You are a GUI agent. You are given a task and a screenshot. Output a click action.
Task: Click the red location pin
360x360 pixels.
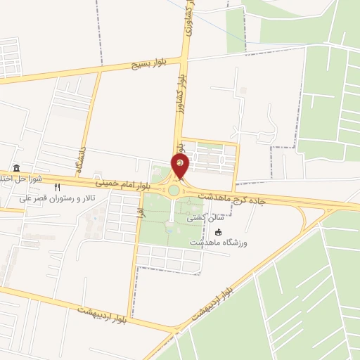click(181, 167)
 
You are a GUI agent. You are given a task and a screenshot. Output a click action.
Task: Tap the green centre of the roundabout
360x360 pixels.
click(174, 190)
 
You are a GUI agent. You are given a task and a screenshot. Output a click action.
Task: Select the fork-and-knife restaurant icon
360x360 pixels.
click(58, 187)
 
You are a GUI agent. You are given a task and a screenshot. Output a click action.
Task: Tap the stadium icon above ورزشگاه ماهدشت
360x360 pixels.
click(217, 233)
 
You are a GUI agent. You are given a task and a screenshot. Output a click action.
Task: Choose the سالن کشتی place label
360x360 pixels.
click(200, 219)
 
